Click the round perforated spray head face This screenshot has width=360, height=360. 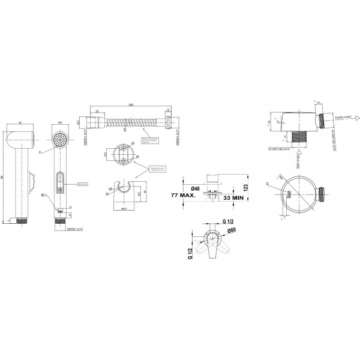(x=59, y=140)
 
